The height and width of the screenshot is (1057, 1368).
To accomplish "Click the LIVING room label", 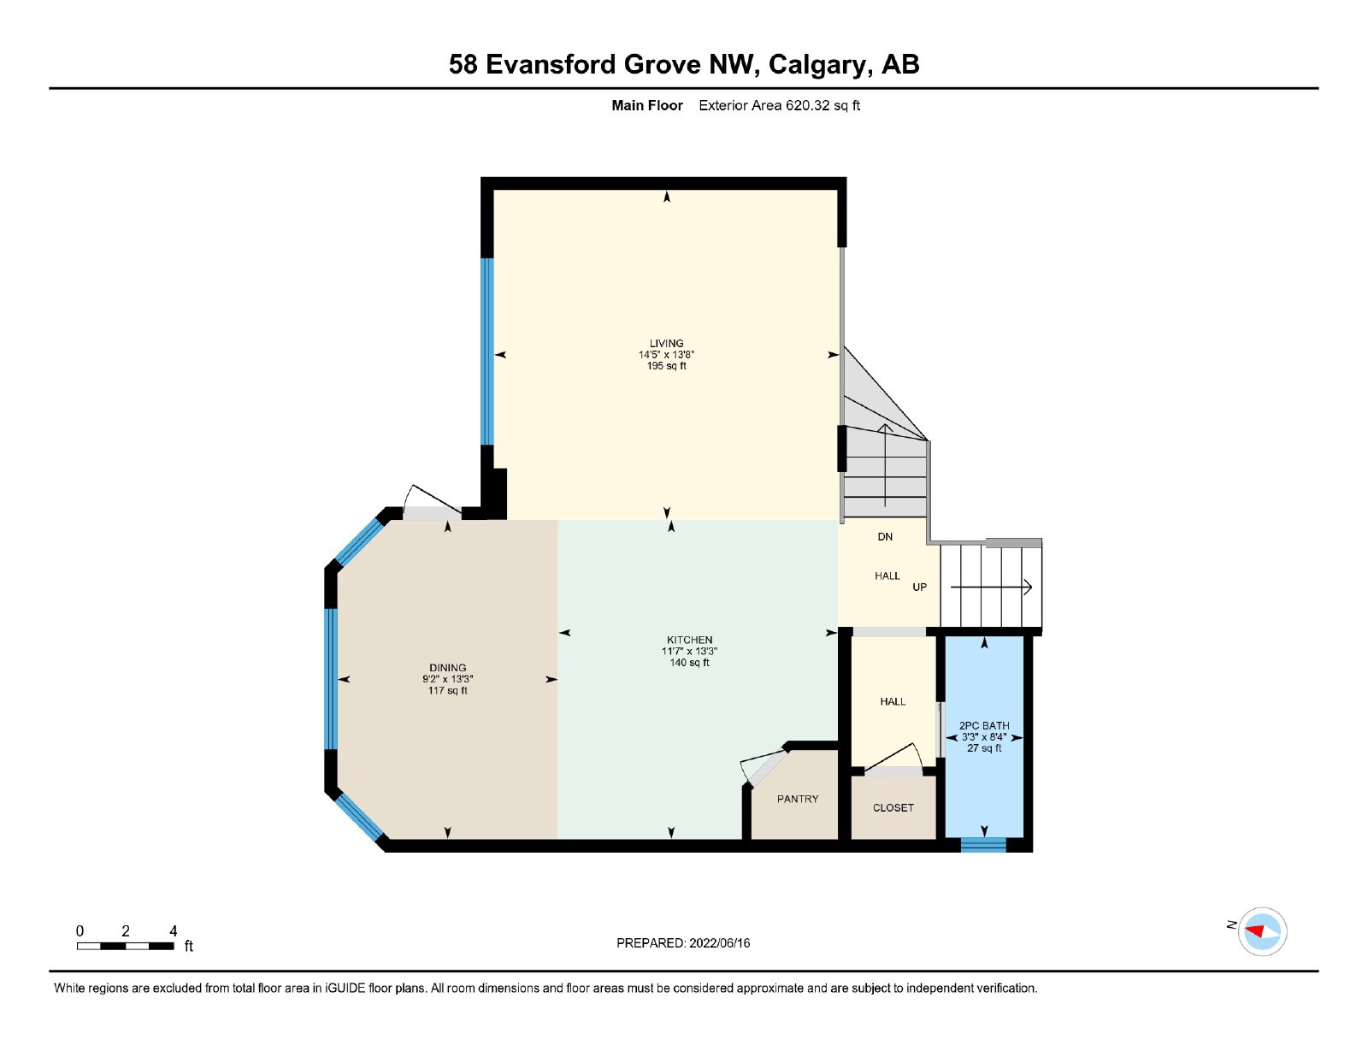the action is pyautogui.click(x=666, y=344).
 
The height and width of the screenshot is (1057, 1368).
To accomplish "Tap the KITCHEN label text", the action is pyautogui.click(x=689, y=641).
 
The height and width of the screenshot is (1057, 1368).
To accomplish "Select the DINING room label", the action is pyautogui.click(x=448, y=668).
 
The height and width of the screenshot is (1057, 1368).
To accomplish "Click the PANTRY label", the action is pyautogui.click(x=798, y=799).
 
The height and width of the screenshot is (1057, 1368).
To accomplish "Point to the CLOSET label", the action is pyautogui.click(x=893, y=807).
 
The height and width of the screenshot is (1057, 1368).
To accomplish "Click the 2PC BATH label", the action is pyautogui.click(x=984, y=726).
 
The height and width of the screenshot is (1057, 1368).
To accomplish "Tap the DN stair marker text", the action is pyautogui.click(x=885, y=537).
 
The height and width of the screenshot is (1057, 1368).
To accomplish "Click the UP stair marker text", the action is pyautogui.click(x=920, y=588).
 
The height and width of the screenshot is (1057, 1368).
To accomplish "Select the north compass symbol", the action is pyautogui.click(x=1262, y=932).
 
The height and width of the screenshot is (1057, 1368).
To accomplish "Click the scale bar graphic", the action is pyautogui.click(x=126, y=946).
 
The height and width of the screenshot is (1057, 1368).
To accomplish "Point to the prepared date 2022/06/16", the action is pyautogui.click(x=720, y=943).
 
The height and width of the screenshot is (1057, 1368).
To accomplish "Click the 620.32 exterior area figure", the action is pyautogui.click(x=808, y=106).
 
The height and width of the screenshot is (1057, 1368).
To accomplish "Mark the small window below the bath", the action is pyautogui.click(x=983, y=845).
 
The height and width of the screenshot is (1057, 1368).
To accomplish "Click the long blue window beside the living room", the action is pyautogui.click(x=486, y=352).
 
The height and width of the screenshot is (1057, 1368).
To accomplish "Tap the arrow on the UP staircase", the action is pyautogui.click(x=991, y=588).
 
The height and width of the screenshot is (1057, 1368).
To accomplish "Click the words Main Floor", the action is pyautogui.click(x=647, y=106).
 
